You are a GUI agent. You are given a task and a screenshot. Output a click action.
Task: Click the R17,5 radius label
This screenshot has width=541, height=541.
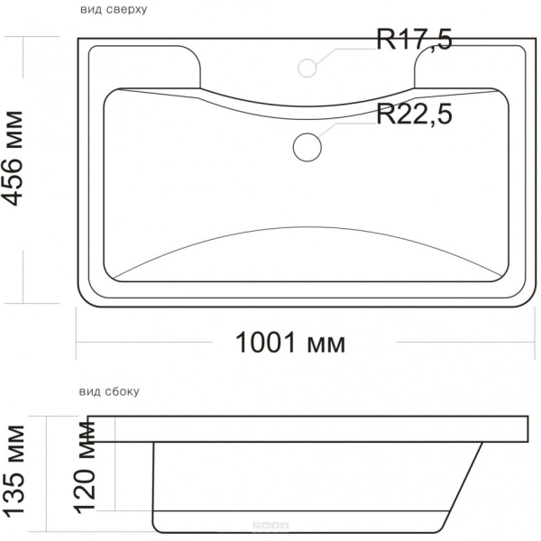click(x=414, y=40)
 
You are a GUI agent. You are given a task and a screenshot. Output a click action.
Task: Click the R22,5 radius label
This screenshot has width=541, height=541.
click(x=414, y=115)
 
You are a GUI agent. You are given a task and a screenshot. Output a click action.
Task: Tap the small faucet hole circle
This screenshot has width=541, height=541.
click(x=307, y=67)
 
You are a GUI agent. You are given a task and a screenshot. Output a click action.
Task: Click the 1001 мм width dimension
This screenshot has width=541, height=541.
click(x=290, y=344)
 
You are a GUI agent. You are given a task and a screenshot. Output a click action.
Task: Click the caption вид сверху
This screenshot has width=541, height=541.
click(x=114, y=10)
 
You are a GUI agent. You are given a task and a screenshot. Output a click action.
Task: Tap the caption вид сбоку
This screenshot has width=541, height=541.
click(x=109, y=392)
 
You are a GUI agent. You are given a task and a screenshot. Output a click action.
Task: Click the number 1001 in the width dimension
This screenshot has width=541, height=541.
click(x=266, y=344)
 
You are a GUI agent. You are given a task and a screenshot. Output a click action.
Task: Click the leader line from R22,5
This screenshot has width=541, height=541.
click(x=347, y=126)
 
